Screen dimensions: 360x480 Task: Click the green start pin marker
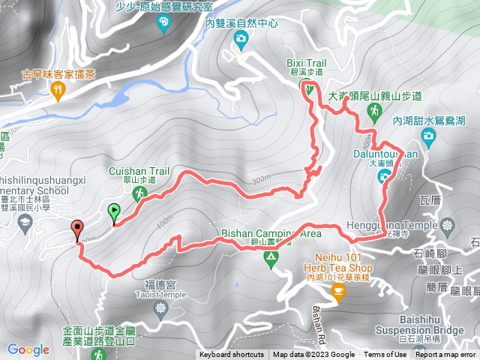click(114, 212)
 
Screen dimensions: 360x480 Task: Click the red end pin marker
click(77, 229)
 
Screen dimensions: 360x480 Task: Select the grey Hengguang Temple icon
click(448, 224)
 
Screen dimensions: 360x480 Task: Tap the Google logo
click(28, 349)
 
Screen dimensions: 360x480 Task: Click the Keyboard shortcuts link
click(232, 355)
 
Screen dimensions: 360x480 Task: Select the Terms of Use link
click(385, 355)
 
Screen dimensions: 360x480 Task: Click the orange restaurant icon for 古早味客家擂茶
click(58, 91)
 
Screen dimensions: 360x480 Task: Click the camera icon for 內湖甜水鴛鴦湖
click(427, 136)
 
